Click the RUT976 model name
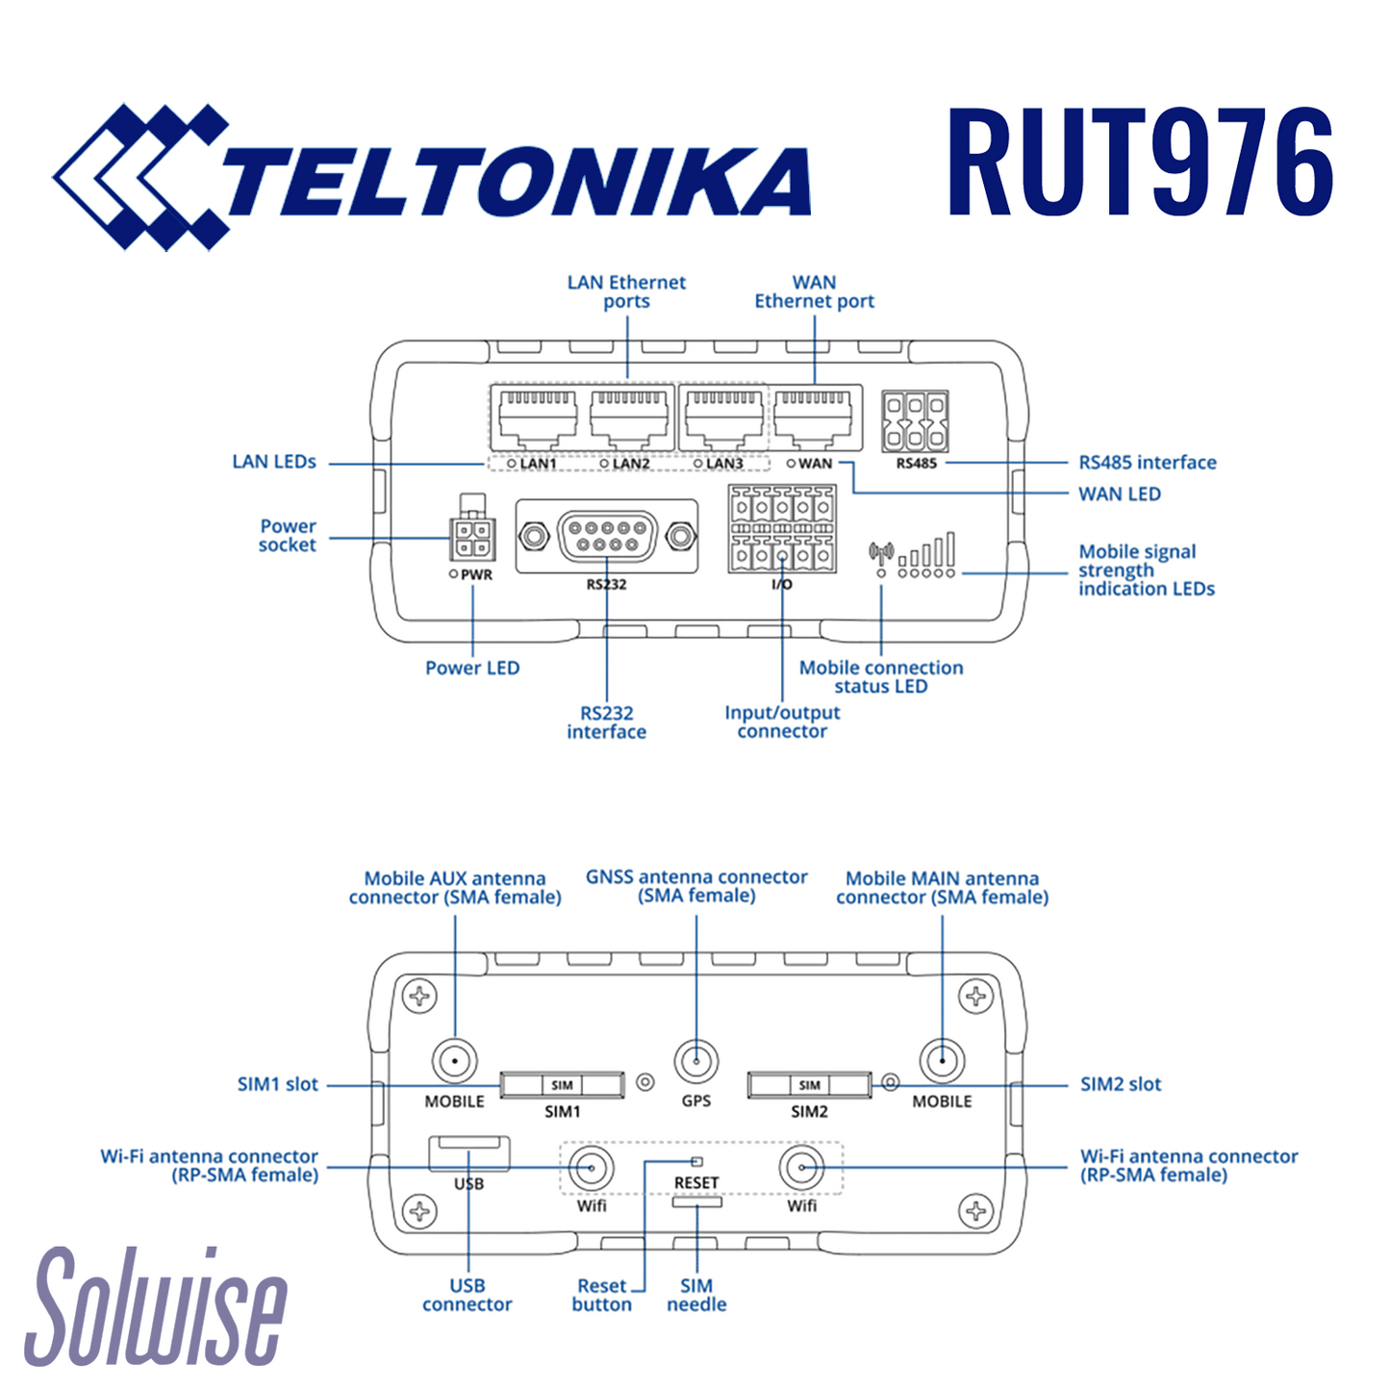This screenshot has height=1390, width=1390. (x=1140, y=164)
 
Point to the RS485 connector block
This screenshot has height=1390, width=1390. (x=915, y=421)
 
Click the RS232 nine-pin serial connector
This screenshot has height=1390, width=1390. (x=607, y=536)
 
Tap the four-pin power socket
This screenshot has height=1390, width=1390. (x=471, y=539)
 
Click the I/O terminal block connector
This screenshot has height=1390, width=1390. (x=782, y=529)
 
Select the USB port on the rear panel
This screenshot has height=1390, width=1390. (x=468, y=1151)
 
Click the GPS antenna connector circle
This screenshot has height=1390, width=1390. (x=696, y=1063)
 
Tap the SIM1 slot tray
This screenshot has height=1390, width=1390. (x=563, y=1085)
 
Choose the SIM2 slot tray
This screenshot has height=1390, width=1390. (x=809, y=1085)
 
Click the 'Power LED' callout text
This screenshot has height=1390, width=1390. (x=472, y=668)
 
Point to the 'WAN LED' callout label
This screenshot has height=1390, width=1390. (x=1119, y=493)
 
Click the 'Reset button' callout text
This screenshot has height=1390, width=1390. (x=602, y=1295)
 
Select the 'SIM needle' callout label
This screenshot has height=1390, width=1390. (x=696, y=1295)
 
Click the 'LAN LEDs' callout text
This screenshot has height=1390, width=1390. (x=274, y=462)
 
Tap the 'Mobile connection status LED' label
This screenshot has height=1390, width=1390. (x=880, y=676)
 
